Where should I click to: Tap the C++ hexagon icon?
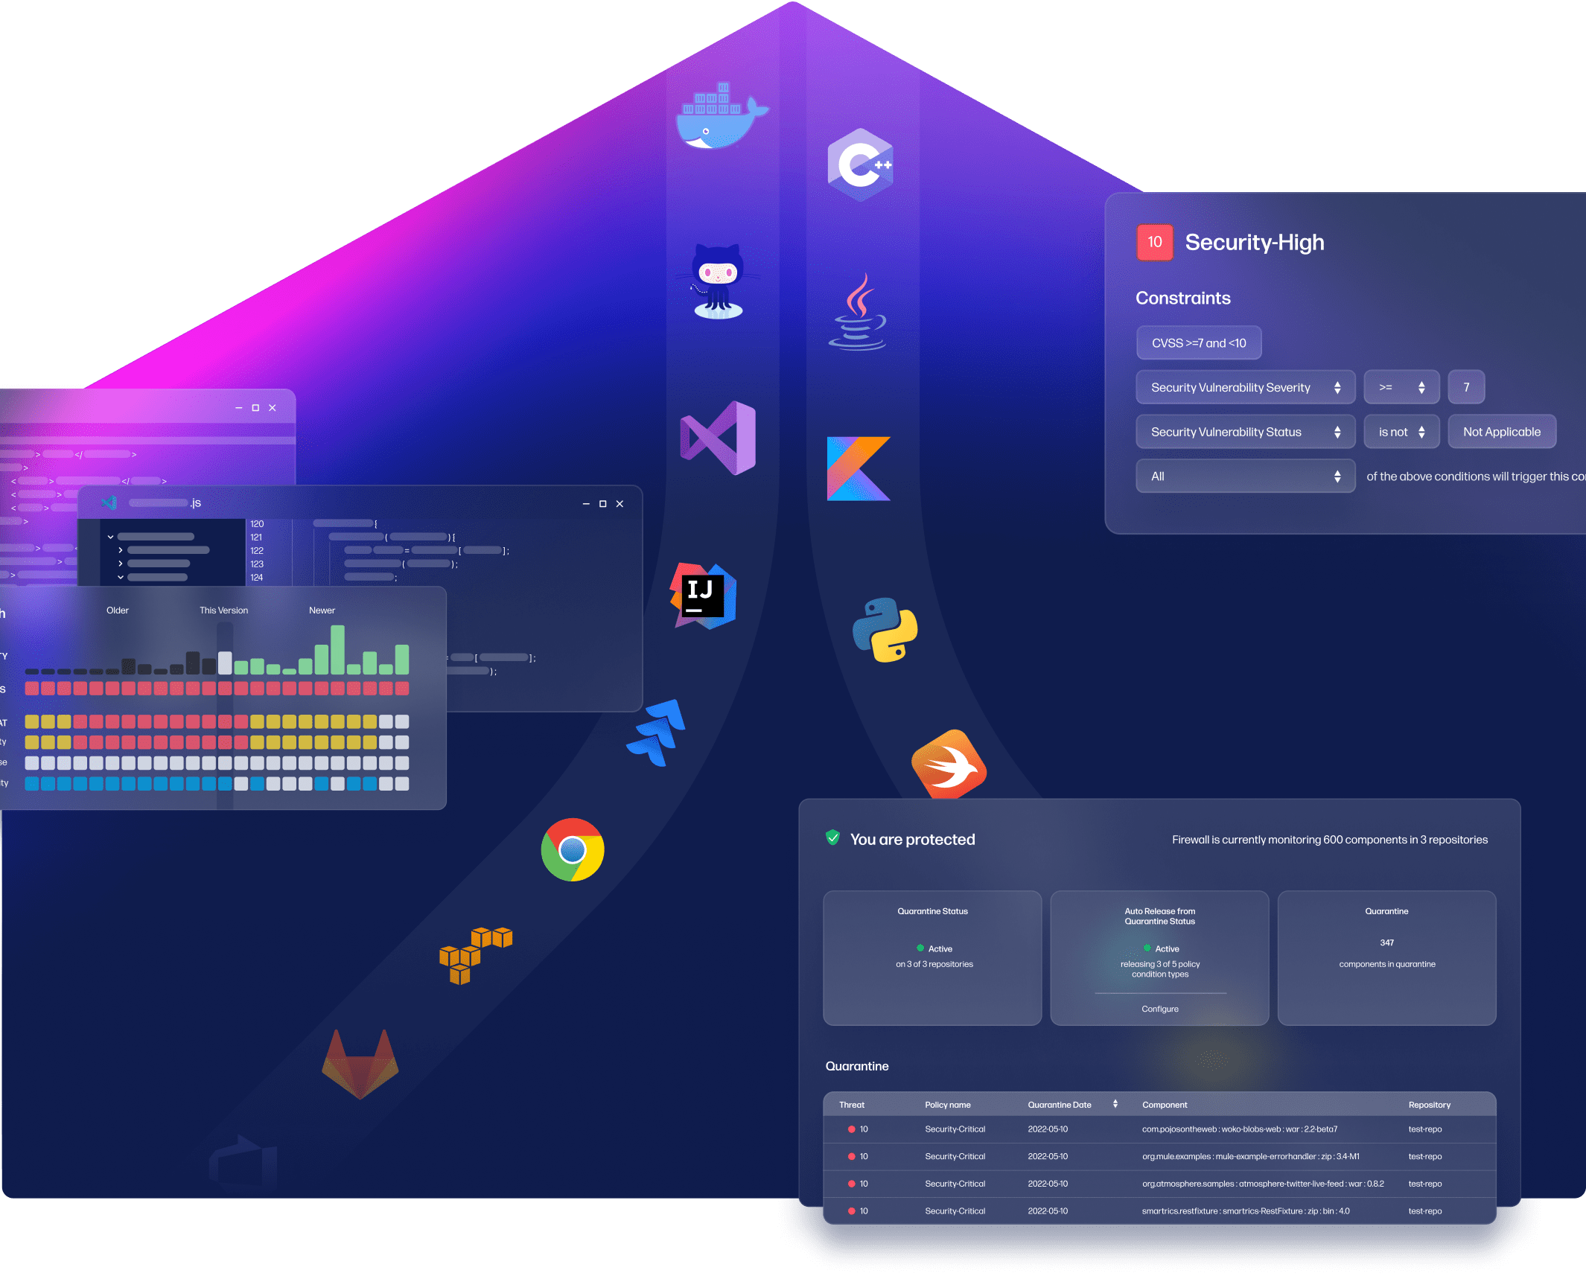[860, 165]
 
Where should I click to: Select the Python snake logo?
[885, 630]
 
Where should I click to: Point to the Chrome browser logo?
[573, 849]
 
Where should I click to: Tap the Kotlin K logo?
[858, 468]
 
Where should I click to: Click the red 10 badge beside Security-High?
[1154, 242]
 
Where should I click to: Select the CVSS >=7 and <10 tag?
[1198, 343]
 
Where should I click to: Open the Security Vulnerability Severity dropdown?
[1244, 387]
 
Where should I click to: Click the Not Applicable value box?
[1501, 432]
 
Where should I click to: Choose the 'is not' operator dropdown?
[1401, 432]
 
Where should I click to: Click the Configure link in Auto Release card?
[1159, 1009]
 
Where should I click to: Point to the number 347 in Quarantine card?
[1386, 942]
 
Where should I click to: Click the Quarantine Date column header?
[1060, 1105]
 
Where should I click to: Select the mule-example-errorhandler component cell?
[1250, 1156]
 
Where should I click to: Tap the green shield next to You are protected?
[833, 838]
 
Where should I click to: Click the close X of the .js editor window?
[620, 504]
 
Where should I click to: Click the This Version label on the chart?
[223, 610]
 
